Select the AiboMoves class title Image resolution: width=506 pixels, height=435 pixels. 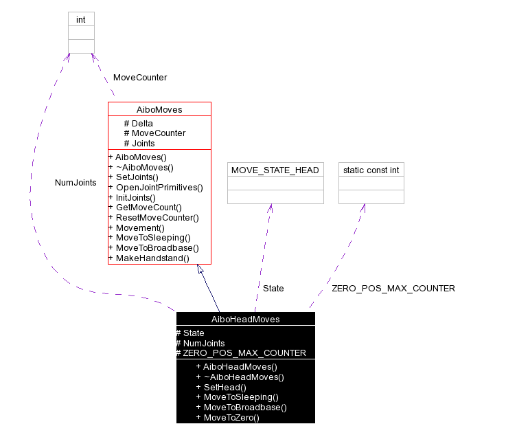click(x=159, y=109)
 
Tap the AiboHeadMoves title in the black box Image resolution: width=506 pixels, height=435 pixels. click(x=245, y=319)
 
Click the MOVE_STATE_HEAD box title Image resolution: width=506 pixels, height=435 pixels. click(x=275, y=170)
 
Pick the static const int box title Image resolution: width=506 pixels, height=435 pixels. click(x=371, y=170)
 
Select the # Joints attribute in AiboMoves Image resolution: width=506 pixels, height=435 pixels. click(x=139, y=144)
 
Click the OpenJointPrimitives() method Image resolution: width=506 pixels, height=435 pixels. click(x=155, y=187)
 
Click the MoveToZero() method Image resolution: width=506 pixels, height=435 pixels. click(x=227, y=417)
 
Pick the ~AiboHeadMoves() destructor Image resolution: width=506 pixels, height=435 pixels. click(x=240, y=377)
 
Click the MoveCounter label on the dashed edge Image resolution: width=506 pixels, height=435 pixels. click(x=140, y=78)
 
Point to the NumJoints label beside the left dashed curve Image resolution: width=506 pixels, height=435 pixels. click(x=76, y=183)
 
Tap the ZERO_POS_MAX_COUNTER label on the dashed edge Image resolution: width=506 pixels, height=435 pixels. click(x=393, y=289)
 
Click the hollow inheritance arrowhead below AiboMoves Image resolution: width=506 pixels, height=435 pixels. click(x=200, y=269)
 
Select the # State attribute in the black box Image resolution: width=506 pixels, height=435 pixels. click(x=190, y=333)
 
